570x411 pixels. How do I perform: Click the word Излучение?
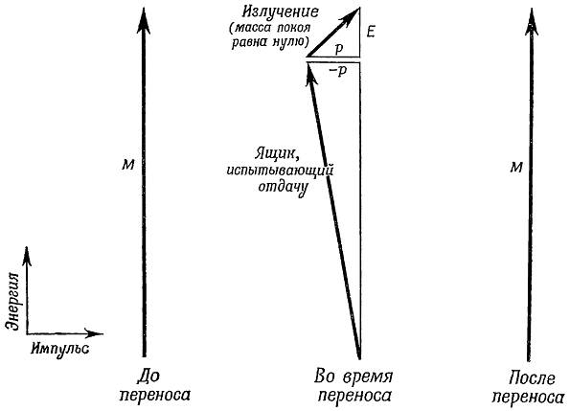point(281,13)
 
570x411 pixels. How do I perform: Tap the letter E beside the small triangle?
point(371,33)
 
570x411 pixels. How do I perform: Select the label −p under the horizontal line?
point(338,72)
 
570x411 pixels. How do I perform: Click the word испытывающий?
point(280,171)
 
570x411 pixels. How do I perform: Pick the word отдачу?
point(284,188)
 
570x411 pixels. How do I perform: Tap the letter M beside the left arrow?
point(128,166)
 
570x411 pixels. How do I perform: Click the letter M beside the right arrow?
point(516,168)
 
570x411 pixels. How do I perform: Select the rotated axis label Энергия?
point(12,301)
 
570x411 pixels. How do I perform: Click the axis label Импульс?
point(59,349)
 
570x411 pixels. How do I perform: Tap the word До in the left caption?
point(148,377)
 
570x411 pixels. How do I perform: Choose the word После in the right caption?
point(532,377)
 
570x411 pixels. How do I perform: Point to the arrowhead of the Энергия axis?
point(27,256)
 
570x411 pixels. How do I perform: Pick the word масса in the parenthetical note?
point(252,28)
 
